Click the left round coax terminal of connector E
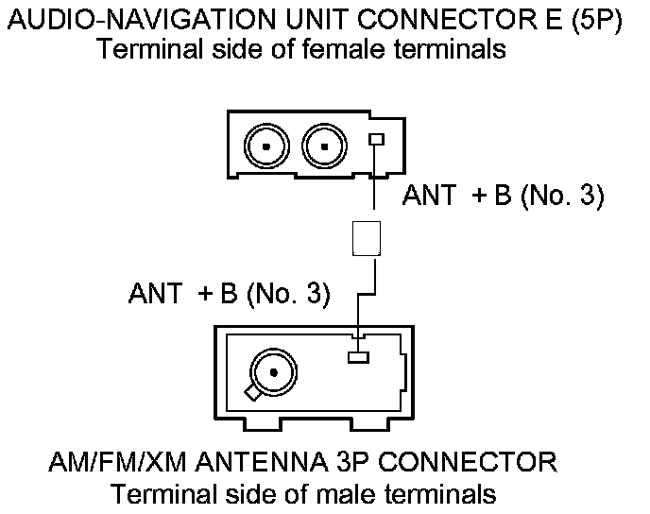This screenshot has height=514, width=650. click(x=268, y=146)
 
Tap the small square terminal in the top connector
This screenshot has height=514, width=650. click(x=376, y=140)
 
